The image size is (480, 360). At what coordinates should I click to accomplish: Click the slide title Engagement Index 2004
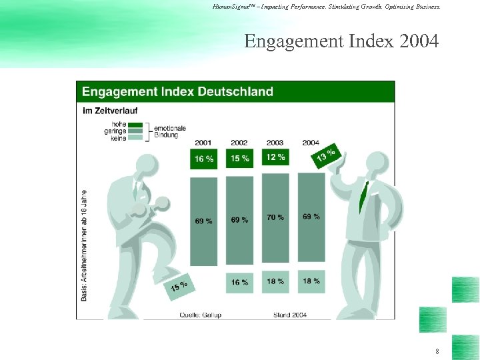[x=341, y=42]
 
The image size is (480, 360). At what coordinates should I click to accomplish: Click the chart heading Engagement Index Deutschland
[x=177, y=92]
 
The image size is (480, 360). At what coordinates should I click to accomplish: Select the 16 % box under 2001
[x=204, y=159]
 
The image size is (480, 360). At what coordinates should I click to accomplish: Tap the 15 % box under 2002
[x=239, y=159]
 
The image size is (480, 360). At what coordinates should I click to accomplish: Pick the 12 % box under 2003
[x=275, y=157]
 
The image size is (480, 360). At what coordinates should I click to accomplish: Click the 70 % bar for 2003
[x=275, y=218]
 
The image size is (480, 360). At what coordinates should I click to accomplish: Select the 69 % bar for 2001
[x=204, y=221]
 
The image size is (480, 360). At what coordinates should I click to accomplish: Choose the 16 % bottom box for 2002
[x=239, y=282]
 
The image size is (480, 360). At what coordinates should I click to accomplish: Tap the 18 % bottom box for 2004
[x=311, y=281]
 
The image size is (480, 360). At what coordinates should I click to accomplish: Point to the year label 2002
[x=239, y=143]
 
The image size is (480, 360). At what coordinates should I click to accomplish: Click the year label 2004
[x=311, y=143]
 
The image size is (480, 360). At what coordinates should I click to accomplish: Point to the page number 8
[x=437, y=351]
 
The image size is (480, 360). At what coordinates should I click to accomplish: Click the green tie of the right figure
[x=363, y=193]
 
